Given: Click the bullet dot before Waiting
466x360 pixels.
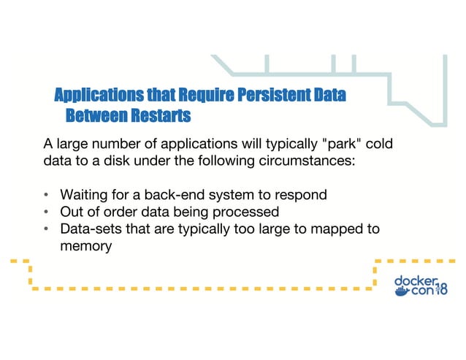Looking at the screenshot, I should click(46, 195).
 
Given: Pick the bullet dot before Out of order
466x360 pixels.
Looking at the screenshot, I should click(46, 212).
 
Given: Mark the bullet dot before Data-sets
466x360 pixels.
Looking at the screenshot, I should click(46, 229).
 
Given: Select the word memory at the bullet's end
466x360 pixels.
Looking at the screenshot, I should click(85, 246).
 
